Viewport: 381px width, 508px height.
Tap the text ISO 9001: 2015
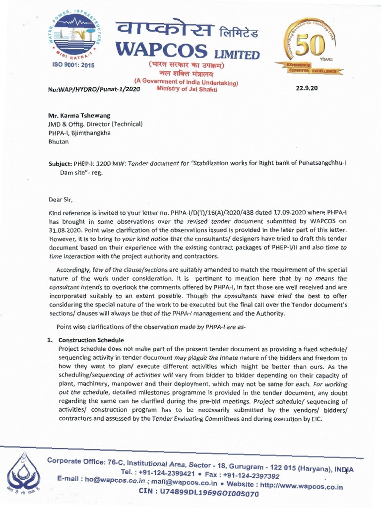tap(73, 65)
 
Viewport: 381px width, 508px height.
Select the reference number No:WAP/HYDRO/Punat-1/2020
tap(94, 90)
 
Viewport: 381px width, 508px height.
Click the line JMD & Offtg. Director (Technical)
tap(95, 124)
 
